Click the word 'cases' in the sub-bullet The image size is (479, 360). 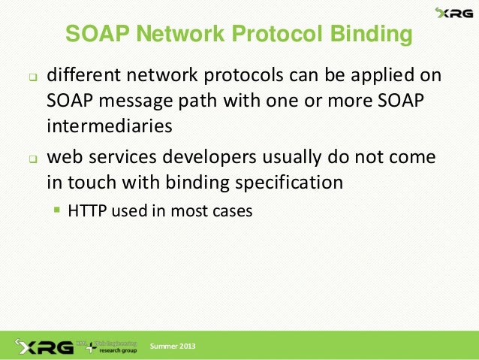[233, 211]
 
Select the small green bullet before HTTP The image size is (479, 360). [57, 211]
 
